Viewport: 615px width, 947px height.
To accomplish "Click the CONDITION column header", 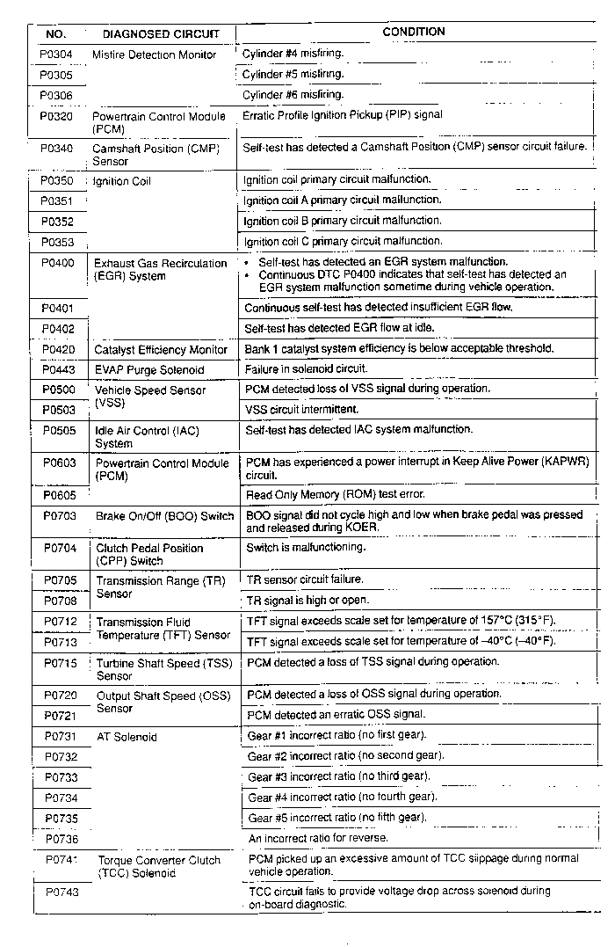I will tap(414, 33).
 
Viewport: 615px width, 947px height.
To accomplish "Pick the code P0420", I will tap(59, 349).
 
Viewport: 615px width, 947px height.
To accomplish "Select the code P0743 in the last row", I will tap(61, 892).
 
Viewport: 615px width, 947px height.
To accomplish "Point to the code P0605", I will tap(59, 496).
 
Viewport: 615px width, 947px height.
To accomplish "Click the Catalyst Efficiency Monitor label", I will tap(161, 350).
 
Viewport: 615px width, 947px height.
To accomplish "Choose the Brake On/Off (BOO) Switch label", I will tap(165, 516).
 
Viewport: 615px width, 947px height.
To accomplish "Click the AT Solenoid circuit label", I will tap(127, 737).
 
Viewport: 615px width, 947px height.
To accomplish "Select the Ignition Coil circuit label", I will tap(122, 182).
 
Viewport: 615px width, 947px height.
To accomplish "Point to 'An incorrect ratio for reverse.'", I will tap(318, 838).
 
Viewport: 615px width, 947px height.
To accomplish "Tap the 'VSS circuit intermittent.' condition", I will tap(301, 410).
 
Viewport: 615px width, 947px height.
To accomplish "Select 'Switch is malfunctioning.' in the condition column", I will tap(305, 548).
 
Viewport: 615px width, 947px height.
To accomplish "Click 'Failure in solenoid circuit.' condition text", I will tap(306, 369).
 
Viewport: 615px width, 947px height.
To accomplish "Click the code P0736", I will tap(61, 840).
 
